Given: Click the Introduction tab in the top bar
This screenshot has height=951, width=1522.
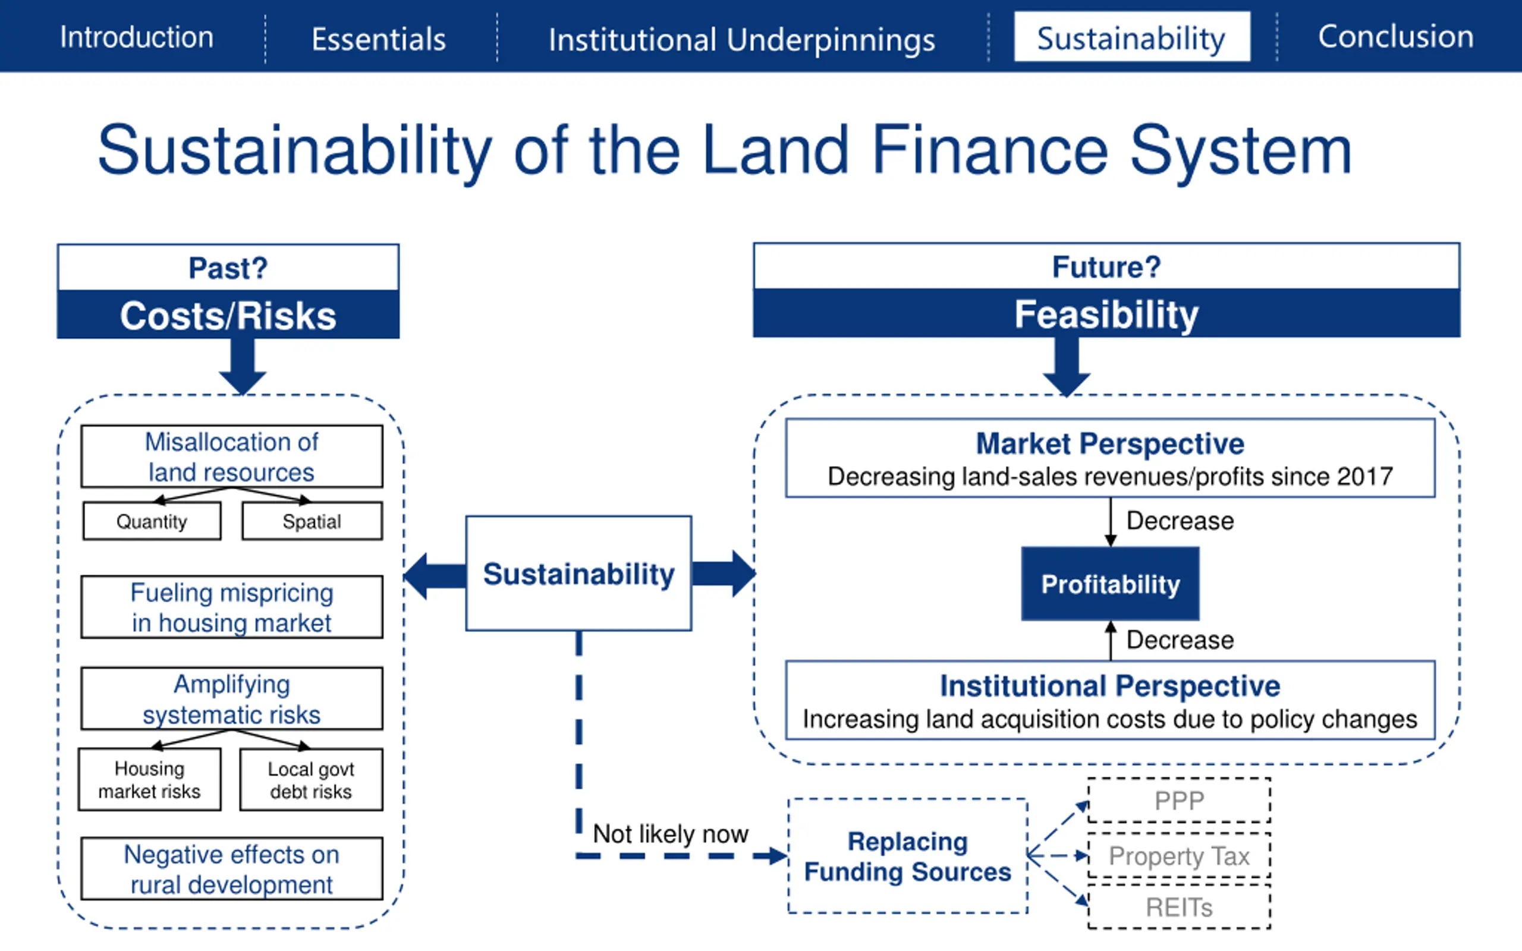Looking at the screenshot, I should (137, 37).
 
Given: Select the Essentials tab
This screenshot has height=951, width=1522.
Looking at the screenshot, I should (379, 39).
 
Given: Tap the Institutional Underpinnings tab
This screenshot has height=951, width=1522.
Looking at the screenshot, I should (741, 40).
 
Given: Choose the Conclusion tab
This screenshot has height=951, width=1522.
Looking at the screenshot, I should (1395, 36).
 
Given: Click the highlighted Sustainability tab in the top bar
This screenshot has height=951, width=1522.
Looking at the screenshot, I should (1131, 37).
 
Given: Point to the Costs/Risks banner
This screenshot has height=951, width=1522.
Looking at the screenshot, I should (228, 314).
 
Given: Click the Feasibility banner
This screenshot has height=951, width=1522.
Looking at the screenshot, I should (1106, 313).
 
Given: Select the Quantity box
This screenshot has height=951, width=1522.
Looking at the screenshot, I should (152, 521).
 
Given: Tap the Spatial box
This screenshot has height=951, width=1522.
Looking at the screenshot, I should (312, 521).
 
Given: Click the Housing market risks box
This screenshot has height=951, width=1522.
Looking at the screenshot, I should (150, 780).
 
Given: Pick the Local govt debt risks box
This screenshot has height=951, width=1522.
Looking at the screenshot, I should (311, 780).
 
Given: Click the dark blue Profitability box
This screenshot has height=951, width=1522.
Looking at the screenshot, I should (1110, 584).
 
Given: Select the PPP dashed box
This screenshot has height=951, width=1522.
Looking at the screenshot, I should (1179, 801).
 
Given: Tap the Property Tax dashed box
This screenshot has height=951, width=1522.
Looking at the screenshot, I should (1179, 856).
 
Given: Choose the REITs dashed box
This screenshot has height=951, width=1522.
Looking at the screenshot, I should (1179, 908).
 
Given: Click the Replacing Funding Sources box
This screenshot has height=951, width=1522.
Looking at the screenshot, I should (907, 856).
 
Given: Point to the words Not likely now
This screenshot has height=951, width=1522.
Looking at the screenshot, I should (671, 834).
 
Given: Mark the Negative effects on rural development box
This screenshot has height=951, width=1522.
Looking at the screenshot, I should (231, 869).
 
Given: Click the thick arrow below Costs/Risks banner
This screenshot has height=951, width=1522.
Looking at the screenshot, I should (243, 365).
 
